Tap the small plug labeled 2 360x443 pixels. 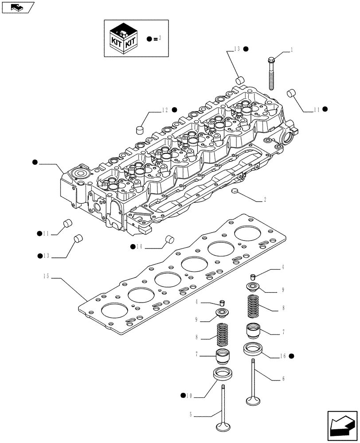pos(235,191)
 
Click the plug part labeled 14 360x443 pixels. pos(168,240)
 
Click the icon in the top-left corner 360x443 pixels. pos(17,7)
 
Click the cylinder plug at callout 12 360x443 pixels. pos(141,129)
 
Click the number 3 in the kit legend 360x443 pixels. pos(160,39)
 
